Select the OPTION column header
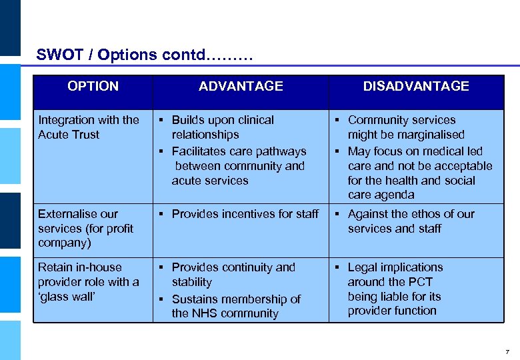tap(93, 86)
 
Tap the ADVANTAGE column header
tap(241, 86)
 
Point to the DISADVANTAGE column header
tap(416, 86)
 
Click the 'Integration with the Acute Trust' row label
tap(89, 127)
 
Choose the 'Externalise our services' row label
tap(85, 228)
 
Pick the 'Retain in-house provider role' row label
tap(89, 281)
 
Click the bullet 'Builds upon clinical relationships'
tap(223, 127)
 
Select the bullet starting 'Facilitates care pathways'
tap(238, 166)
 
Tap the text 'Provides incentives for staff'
tap(245, 214)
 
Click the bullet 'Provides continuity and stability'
tap(233, 275)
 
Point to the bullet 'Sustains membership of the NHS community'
tap(235, 306)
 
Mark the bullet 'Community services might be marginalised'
tap(405, 127)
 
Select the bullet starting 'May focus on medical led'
tap(419, 173)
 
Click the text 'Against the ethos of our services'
tap(411, 221)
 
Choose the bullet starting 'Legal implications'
tap(395, 289)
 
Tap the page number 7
tap(507, 351)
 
